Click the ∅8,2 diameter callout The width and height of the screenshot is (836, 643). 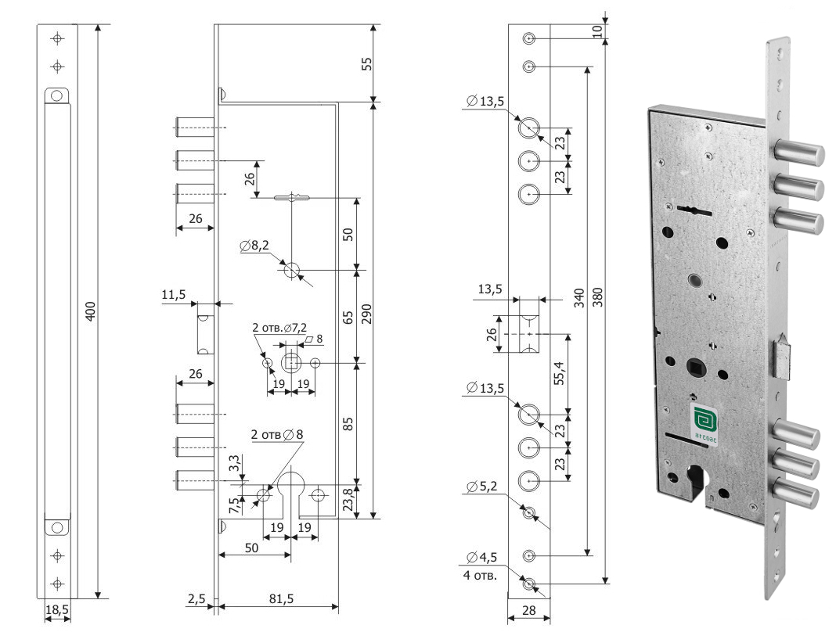point(256,246)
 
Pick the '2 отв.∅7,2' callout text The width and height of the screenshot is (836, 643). point(281,327)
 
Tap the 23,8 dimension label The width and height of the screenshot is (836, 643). point(349,498)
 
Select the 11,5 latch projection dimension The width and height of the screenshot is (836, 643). point(173,295)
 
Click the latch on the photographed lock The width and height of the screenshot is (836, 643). point(784,358)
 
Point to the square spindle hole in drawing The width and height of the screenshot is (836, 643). point(292,363)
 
